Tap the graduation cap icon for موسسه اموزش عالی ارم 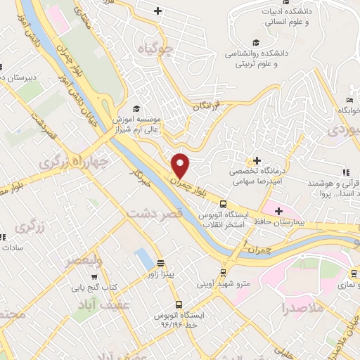click(136, 108)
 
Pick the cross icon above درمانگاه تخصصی click(257, 162)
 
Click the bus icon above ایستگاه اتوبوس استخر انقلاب click(224, 203)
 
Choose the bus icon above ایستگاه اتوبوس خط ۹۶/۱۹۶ click(179, 305)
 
